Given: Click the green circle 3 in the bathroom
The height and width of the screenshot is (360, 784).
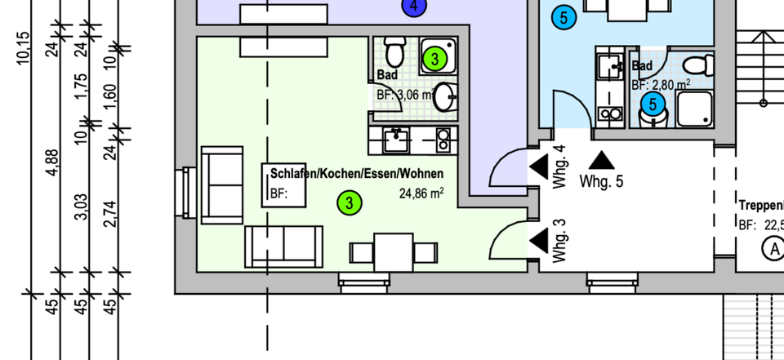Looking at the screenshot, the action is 435,59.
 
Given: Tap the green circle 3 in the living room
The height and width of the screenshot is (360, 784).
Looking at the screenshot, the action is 350,202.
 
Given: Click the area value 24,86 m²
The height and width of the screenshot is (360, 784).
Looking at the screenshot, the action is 421,194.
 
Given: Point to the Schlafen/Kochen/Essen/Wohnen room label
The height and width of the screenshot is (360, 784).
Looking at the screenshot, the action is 357,174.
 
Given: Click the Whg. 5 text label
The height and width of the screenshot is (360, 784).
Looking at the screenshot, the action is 601,181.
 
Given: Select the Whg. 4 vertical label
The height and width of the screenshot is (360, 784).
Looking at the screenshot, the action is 559,167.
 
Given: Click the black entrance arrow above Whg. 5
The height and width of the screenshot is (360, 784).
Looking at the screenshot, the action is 601,160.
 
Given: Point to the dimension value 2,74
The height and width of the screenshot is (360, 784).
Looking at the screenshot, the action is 110,214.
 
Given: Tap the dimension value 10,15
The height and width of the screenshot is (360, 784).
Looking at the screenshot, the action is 22,47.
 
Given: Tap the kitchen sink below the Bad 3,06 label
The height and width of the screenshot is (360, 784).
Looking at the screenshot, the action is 398,140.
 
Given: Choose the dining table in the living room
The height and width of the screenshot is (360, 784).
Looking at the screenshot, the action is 394,252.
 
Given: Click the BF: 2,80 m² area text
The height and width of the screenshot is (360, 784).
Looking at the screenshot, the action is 661,82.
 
